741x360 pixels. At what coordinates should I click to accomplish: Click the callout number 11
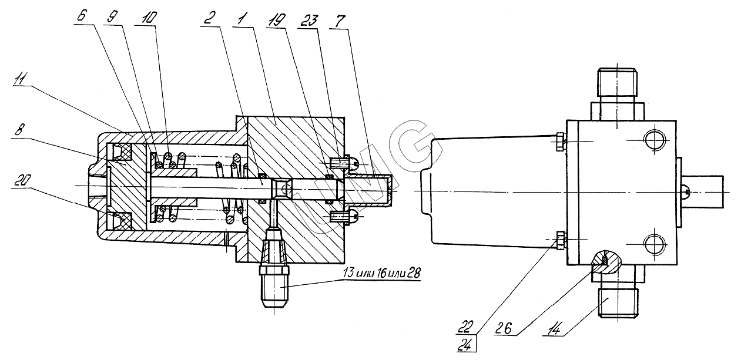(x=21, y=80)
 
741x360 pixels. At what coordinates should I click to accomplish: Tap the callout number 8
(x=18, y=130)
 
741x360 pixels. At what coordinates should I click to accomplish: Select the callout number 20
(x=23, y=180)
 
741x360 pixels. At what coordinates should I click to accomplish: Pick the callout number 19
(x=276, y=20)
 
